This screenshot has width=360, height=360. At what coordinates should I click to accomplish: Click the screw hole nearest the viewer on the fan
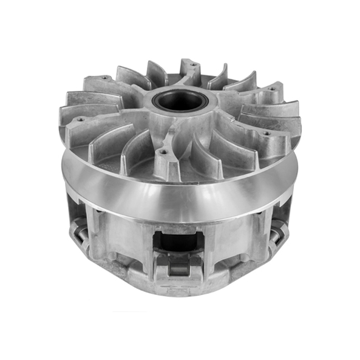pos(163,151)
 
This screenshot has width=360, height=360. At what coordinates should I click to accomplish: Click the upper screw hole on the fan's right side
pos(270,89)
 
